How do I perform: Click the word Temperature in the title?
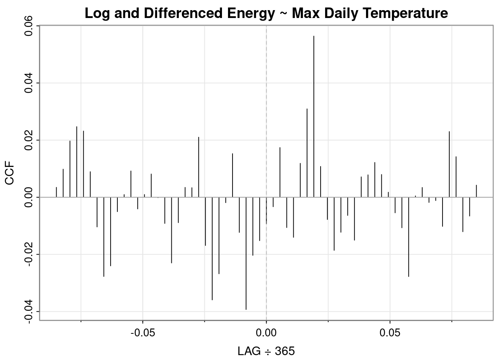pos(413,13)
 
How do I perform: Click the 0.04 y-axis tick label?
pos(29,83)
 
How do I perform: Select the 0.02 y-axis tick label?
pos(29,140)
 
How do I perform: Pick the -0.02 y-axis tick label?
pos(29,255)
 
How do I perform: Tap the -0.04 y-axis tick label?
pos(29,312)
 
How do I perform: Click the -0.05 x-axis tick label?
pos(142,333)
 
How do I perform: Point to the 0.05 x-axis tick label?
pos(390,333)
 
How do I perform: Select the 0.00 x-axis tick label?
pos(266,333)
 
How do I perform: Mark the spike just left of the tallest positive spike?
pos(307,153)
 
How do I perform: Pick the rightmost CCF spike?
pos(476,191)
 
